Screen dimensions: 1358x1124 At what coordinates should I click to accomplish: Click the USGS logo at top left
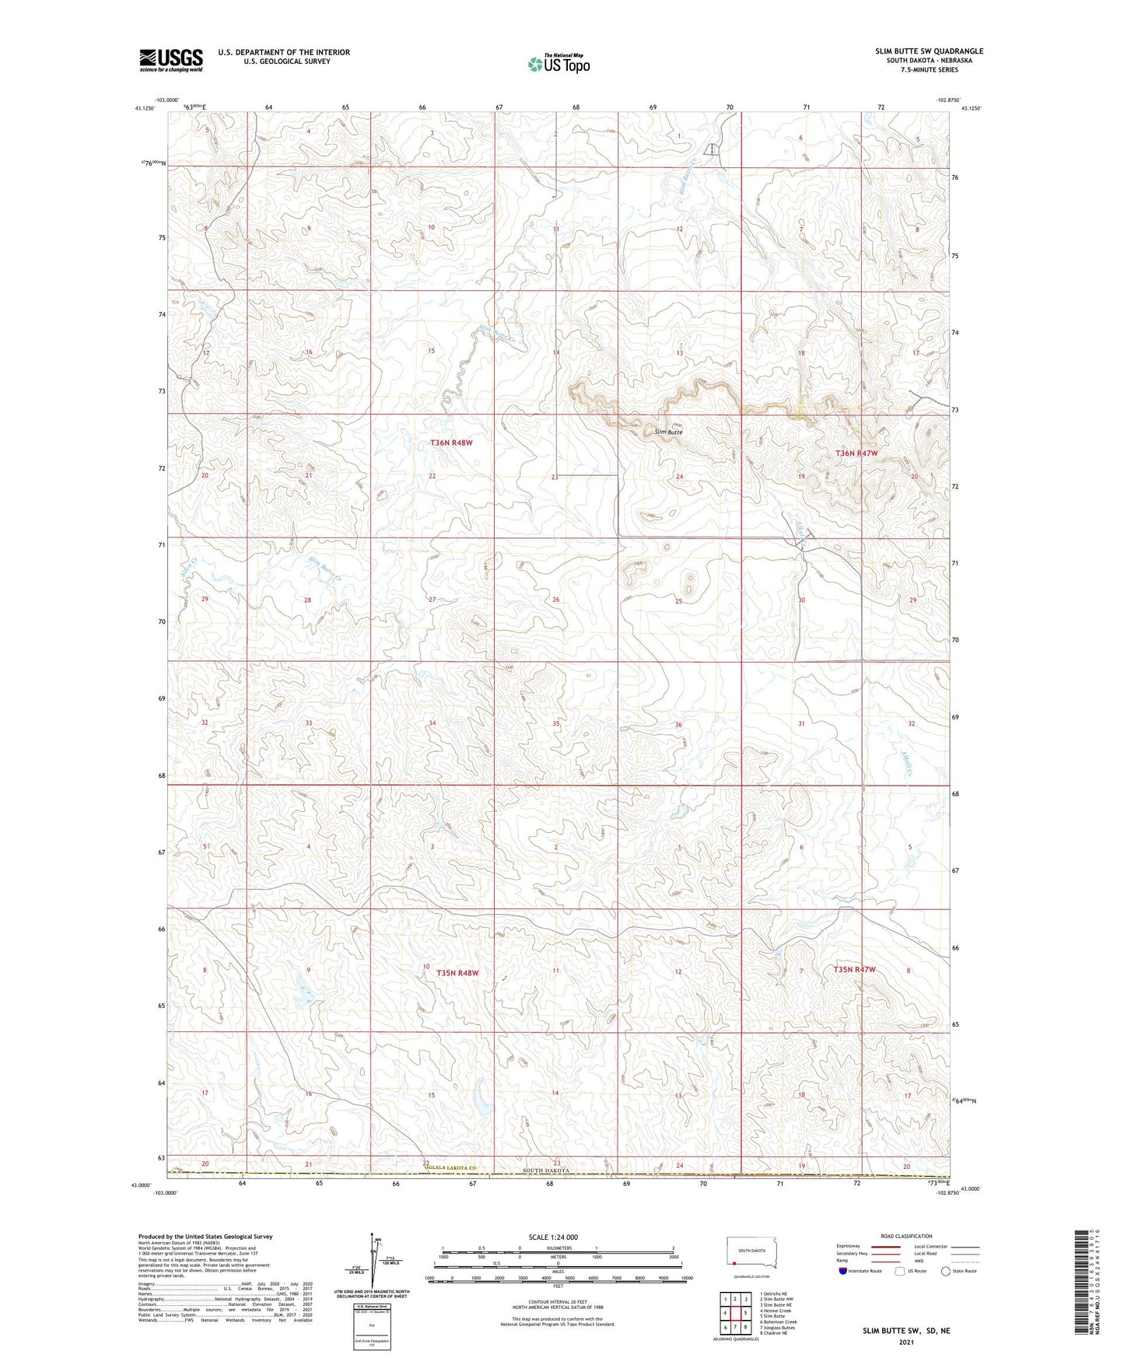(170, 59)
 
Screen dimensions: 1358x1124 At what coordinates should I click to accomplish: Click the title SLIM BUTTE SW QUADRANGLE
(928, 51)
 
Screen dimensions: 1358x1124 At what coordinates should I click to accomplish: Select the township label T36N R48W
(451, 443)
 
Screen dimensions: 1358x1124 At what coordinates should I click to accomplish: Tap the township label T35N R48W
(457, 973)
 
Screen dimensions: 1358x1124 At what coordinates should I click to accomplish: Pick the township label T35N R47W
(854, 969)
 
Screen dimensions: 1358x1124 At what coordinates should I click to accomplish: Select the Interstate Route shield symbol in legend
(843, 1271)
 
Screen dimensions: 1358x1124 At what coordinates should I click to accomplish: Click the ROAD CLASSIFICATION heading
(906, 1236)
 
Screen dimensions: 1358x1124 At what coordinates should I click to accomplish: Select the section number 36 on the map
(678, 725)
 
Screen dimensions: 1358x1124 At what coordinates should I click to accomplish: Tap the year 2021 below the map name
(905, 1342)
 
